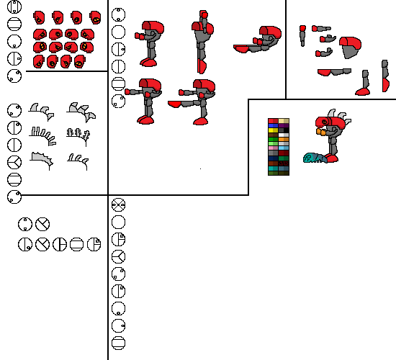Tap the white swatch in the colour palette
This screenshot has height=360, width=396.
[282, 135]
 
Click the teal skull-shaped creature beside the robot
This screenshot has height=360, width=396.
[314, 158]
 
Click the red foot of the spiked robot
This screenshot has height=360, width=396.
[331, 158]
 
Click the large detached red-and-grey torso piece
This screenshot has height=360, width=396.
[350, 46]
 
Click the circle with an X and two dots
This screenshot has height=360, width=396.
[119, 204]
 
